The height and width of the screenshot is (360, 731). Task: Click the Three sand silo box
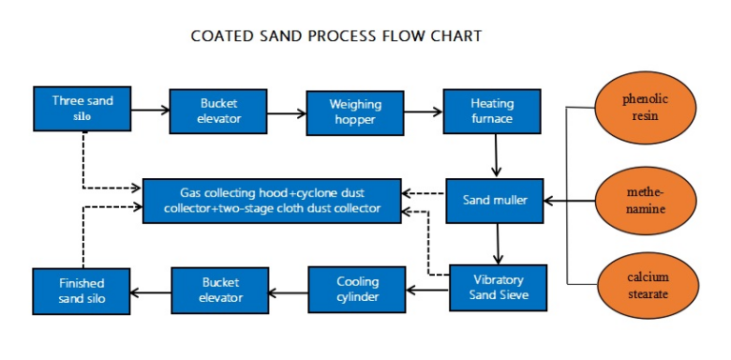coord(81,110)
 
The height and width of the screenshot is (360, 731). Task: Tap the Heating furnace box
coord(491,111)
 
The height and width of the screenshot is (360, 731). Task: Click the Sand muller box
coord(495,200)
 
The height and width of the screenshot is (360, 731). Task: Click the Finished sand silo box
coord(81,290)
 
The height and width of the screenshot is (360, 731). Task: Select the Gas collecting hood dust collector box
coord(272,200)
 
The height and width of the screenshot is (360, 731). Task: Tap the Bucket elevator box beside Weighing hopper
coord(219,111)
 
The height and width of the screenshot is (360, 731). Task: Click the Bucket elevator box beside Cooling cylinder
coord(220,290)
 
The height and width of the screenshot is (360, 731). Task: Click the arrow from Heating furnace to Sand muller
coord(495,155)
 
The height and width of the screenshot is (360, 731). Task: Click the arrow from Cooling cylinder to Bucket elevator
coord(288,290)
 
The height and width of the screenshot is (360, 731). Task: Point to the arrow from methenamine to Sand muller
coord(569,201)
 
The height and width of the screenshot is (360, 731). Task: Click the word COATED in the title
coord(223,36)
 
